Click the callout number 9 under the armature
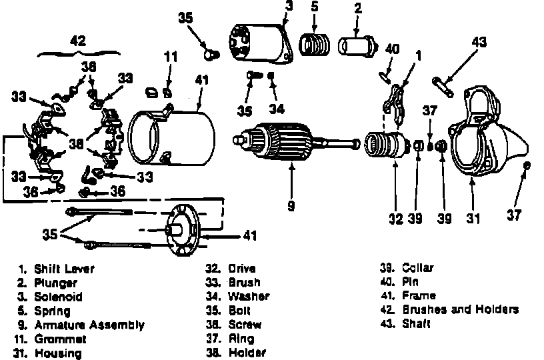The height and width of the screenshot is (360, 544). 291,206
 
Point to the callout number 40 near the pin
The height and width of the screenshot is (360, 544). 393,48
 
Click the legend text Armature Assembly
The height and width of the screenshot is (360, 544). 89,325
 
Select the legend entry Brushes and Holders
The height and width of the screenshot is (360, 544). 460,310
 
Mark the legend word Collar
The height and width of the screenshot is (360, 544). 418,268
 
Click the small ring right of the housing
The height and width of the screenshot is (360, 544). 528,165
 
